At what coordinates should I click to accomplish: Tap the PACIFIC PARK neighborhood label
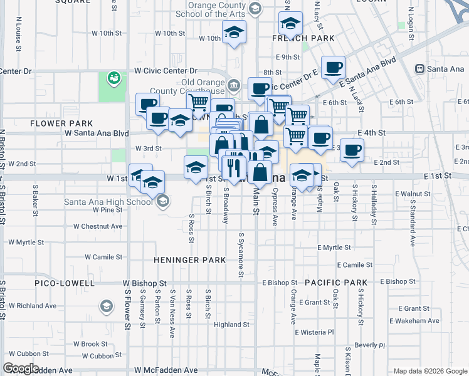tap(336, 283)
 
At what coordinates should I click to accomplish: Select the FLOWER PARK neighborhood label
tap(61, 123)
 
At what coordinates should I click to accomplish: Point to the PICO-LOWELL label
tap(60, 283)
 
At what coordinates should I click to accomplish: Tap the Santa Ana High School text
tap(108, 202)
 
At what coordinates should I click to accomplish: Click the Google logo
tap(21, 368)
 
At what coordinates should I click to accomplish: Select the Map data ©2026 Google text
tap(430, 371)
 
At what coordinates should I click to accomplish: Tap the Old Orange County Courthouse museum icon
tap(234, 85)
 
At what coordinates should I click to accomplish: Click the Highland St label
tap(231, 325)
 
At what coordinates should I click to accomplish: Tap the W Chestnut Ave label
tap(98, 226)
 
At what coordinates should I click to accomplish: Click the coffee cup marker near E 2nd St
tap(352, 150)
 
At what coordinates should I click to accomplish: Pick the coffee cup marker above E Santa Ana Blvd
tap(333, 66)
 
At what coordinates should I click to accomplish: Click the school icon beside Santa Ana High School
tap(163, 201)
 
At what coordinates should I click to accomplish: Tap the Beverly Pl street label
tap(369, 345)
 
